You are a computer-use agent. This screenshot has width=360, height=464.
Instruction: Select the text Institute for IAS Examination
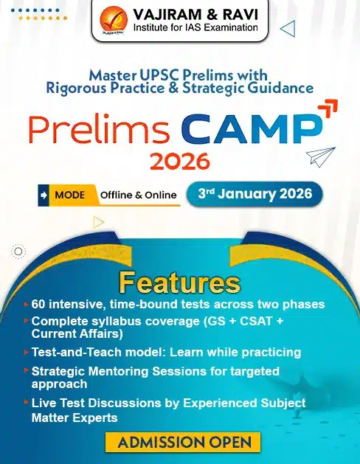coord(195,28)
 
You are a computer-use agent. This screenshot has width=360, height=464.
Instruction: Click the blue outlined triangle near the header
coord(288,29)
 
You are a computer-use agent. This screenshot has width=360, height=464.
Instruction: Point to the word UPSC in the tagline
coord(159,75)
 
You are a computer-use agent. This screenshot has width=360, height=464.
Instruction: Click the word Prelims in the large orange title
coord(99,128)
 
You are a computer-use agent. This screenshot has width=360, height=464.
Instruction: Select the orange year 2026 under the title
coord(180,161)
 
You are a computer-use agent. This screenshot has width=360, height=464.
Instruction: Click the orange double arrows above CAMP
coord(328,108)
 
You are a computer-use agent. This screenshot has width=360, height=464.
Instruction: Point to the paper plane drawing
coord(321,156)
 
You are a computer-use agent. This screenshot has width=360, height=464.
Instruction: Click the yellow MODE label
coord(70,195)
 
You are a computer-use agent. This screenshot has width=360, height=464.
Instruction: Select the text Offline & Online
coord(139,195)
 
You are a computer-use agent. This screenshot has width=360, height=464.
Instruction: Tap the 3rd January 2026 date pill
coord(255,194)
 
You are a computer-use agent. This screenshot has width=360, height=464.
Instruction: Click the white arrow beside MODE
coord(44,195)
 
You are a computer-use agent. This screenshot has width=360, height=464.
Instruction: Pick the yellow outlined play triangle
coord(99,222)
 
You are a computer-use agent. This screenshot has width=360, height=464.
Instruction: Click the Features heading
coord(180,283)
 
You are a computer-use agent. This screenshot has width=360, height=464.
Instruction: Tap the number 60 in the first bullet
coord(38,304)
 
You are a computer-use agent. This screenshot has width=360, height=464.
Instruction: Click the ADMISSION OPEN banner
coord(183,443)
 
